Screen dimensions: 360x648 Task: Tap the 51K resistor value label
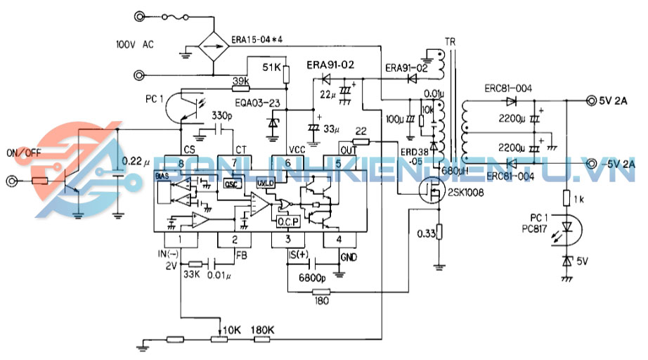[271, 67]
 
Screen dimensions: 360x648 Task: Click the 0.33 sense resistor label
[425, 233]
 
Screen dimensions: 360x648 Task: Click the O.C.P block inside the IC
[288, 221]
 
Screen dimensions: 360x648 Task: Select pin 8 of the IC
[181, 162]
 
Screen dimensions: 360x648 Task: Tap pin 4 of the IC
[339, 240]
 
